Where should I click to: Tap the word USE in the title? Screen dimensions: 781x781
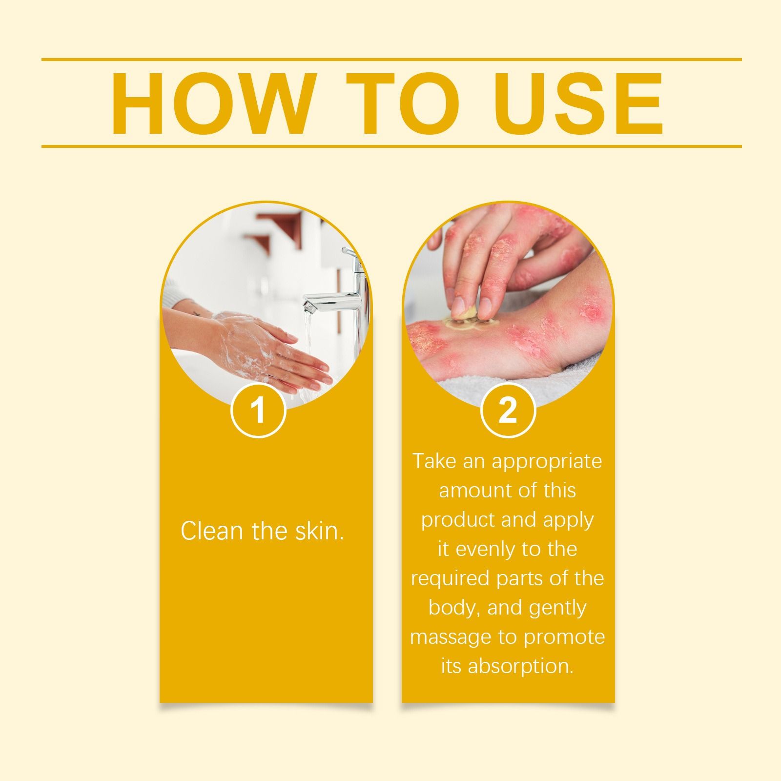(x=578, y=103)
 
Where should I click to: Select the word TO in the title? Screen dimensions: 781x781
(x=403, y=103)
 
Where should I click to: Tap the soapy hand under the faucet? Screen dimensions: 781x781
(x=264, y=349)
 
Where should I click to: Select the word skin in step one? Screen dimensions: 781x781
(x=319, y=531)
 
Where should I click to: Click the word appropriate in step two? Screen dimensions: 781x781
(x=547, y=462)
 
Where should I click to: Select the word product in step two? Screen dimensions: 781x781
(x=457, y=520)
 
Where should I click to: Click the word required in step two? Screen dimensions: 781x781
(x=450, y=579)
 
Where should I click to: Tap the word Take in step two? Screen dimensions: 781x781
(x=434, y=462)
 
